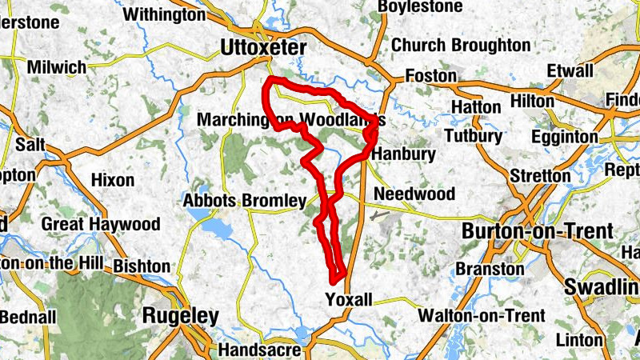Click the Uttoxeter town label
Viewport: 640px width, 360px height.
click(263, 49)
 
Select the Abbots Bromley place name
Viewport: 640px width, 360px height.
click(245, 200)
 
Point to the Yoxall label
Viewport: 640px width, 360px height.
click(350, 299)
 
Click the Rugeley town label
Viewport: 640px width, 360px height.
click(180, 316)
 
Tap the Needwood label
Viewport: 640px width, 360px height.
click(414, 194)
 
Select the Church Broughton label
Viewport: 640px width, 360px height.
click(460, 45)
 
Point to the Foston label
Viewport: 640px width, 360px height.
click(431, 77)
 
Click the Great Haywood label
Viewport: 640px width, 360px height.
click(101, 224)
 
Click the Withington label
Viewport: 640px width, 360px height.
click(164, 14)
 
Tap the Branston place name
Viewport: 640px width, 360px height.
click(490, 269)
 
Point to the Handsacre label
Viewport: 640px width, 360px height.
click(259, 350)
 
